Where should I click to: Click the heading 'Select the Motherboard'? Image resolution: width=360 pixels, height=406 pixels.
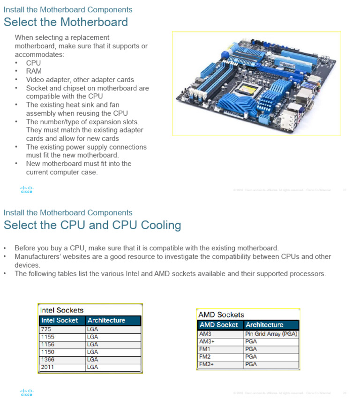click(66, 22)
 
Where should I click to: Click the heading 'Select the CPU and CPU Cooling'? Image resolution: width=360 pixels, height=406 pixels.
click(92, 225)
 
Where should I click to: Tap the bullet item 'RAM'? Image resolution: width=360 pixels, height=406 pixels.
click(34, 71)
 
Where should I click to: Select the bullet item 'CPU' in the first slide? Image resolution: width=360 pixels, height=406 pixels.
click(33, 63)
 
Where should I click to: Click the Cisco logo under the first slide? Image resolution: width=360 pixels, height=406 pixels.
click(27, 190)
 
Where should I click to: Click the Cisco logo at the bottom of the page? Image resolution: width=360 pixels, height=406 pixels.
click(27, 392)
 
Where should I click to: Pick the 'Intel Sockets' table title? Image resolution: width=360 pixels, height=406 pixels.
click(62, 310)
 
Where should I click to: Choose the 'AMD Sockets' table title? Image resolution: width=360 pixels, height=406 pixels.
click(221, 315)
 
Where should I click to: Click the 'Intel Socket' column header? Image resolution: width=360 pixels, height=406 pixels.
click(60, 321)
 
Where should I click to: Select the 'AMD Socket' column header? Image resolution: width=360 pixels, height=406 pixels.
click(219, 325)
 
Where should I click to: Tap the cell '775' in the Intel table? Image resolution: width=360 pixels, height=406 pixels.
click(46, 330)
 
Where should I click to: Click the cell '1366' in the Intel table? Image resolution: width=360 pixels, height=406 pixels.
click(48, 360)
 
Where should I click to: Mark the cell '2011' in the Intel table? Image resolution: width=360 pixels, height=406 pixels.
click(48, 367)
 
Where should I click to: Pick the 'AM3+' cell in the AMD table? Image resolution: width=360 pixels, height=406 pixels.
click(207, 342)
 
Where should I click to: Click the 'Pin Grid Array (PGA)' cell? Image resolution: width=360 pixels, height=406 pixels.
click(271, 334)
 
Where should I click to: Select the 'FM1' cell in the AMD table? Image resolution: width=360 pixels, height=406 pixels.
click(205, 349)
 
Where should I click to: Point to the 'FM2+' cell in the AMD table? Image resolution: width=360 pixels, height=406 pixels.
click(206, 364)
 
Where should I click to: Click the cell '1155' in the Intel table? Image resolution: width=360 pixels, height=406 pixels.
click(48, 337)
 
